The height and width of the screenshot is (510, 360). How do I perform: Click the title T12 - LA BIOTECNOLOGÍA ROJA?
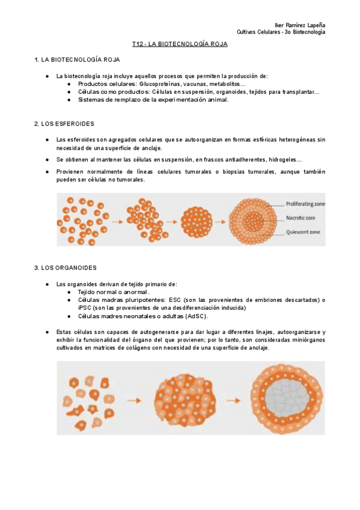click(x=180, y=45)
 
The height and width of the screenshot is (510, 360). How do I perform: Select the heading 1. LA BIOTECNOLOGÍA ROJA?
click(x=78, y=60)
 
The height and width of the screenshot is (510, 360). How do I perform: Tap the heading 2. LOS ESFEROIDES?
click(x=64, y=123)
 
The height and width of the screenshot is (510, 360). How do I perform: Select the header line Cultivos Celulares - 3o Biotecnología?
click(x=281, y=32)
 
